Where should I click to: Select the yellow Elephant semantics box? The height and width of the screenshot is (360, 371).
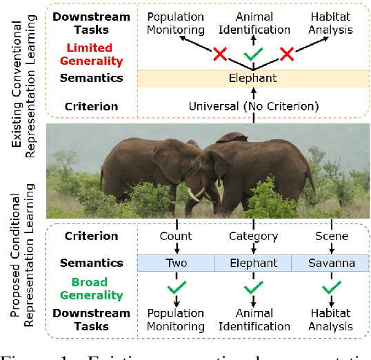coord(252,78)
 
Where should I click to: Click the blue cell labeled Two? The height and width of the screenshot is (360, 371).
coord(176,263)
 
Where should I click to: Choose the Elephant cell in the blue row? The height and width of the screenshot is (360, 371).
coord(252,263)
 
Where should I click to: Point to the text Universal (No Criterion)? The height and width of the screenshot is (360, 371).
coord(252,107)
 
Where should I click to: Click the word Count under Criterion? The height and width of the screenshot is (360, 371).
coord(176,237)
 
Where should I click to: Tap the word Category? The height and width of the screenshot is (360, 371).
coord(252,237)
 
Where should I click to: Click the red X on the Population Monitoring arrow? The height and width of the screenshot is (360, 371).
coord(221,54)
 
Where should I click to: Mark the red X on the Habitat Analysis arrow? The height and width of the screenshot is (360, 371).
coord(285,54)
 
